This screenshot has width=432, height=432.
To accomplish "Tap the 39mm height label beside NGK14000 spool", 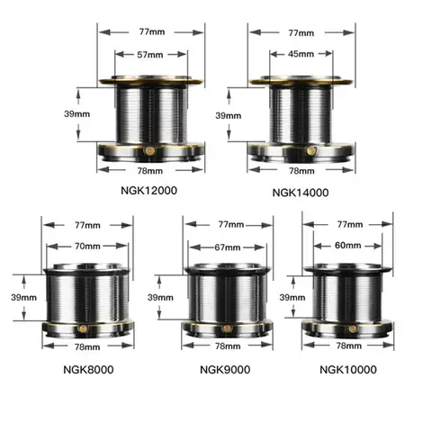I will pyautogui.click(x=228, y=115).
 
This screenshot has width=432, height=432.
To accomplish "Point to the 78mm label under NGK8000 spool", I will pyautogui.click(x=87, y=345).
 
